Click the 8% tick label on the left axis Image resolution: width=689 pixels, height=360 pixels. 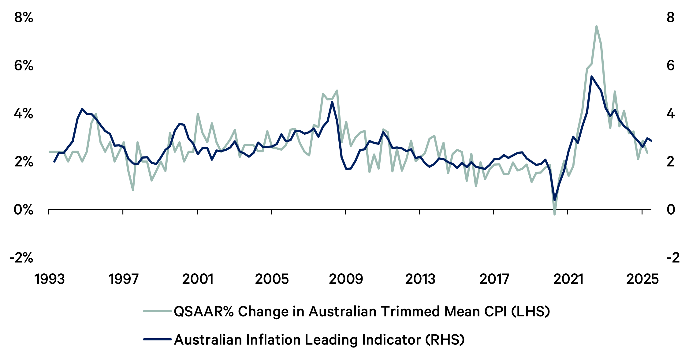[x=24, y=17]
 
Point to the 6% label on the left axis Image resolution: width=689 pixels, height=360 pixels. [x=24, y=66]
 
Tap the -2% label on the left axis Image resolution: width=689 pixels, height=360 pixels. [x=21, y=258]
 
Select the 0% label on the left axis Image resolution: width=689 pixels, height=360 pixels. [x=24, y=210]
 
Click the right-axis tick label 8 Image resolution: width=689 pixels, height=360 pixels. [x=670, y=17]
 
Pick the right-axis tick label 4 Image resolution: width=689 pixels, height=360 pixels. [x=670, y=114]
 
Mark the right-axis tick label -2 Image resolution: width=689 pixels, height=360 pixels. [x=673, y=258]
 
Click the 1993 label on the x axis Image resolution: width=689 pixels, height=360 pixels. [x=50, y=279]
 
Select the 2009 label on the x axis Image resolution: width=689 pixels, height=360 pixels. [x=346, y=279]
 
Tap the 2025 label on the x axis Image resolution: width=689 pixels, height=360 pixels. [x=642, y=279]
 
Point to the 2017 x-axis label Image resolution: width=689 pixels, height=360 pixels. [x=494, y=279]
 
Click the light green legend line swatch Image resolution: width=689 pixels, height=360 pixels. [x=157, y=311]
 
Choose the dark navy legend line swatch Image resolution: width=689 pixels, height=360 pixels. [x=157, y=339]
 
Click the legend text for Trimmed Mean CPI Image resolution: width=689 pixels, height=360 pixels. [x=362, y=311]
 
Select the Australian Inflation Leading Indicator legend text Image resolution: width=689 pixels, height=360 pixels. [x=319, y=339]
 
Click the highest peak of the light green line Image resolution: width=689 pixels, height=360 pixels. [x=596, y=26]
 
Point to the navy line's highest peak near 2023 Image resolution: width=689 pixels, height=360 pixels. [x=592, y=77]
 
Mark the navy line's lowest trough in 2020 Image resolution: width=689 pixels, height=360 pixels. [x=554, y=200]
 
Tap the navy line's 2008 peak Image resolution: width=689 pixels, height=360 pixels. [x=332, y=102]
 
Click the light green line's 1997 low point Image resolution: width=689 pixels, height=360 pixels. [x=133, y=190]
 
